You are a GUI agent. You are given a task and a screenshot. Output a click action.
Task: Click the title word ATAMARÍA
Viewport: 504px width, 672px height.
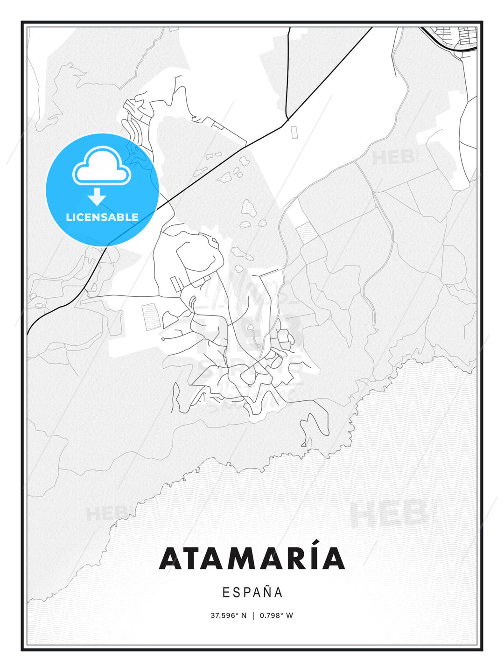(252, 558)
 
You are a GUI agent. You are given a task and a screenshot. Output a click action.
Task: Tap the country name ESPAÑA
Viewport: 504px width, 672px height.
(252, 593)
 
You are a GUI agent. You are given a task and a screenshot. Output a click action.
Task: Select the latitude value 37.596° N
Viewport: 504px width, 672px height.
(228, 616)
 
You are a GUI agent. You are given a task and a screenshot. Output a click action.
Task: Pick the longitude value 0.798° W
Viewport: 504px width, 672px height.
(276, 616)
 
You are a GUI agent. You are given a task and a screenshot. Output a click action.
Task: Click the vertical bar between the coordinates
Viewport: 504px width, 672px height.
(253, 616)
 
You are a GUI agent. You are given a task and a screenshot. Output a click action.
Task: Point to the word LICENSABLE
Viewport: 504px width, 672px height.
(102, 217)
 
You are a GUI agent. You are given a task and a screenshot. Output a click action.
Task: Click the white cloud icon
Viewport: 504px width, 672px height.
(102, 166)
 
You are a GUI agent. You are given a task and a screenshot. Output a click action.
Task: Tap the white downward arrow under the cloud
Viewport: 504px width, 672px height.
(97, 196)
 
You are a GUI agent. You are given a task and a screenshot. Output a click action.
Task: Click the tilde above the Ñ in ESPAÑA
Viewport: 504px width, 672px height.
(267, 586)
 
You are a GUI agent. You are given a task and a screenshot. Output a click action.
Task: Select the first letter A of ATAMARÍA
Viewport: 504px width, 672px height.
(171, 559)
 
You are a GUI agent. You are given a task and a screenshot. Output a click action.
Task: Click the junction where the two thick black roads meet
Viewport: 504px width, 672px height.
(287, 119)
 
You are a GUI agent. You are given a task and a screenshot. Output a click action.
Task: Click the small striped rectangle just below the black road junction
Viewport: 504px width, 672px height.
(294, 132)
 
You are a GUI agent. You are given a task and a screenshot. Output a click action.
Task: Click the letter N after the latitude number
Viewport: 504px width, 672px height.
(244, 616)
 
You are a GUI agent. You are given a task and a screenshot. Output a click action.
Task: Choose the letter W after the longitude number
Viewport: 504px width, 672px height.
(289, 616)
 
